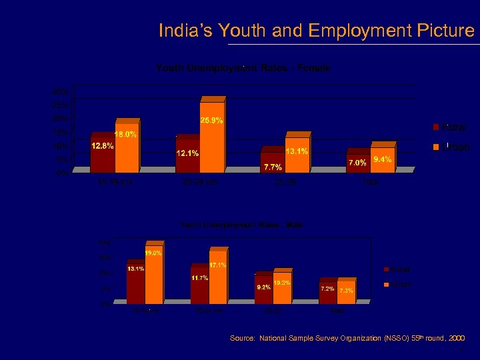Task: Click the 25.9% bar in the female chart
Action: point(212,137)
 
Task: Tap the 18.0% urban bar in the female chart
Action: point(127,148)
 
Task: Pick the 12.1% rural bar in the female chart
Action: point(187,155)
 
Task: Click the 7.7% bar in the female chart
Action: point(272,161)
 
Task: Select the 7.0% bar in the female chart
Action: point(357,162)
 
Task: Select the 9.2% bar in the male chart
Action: point(263,290)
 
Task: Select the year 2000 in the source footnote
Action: point(457,339)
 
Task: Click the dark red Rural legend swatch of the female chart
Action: point(436,127)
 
